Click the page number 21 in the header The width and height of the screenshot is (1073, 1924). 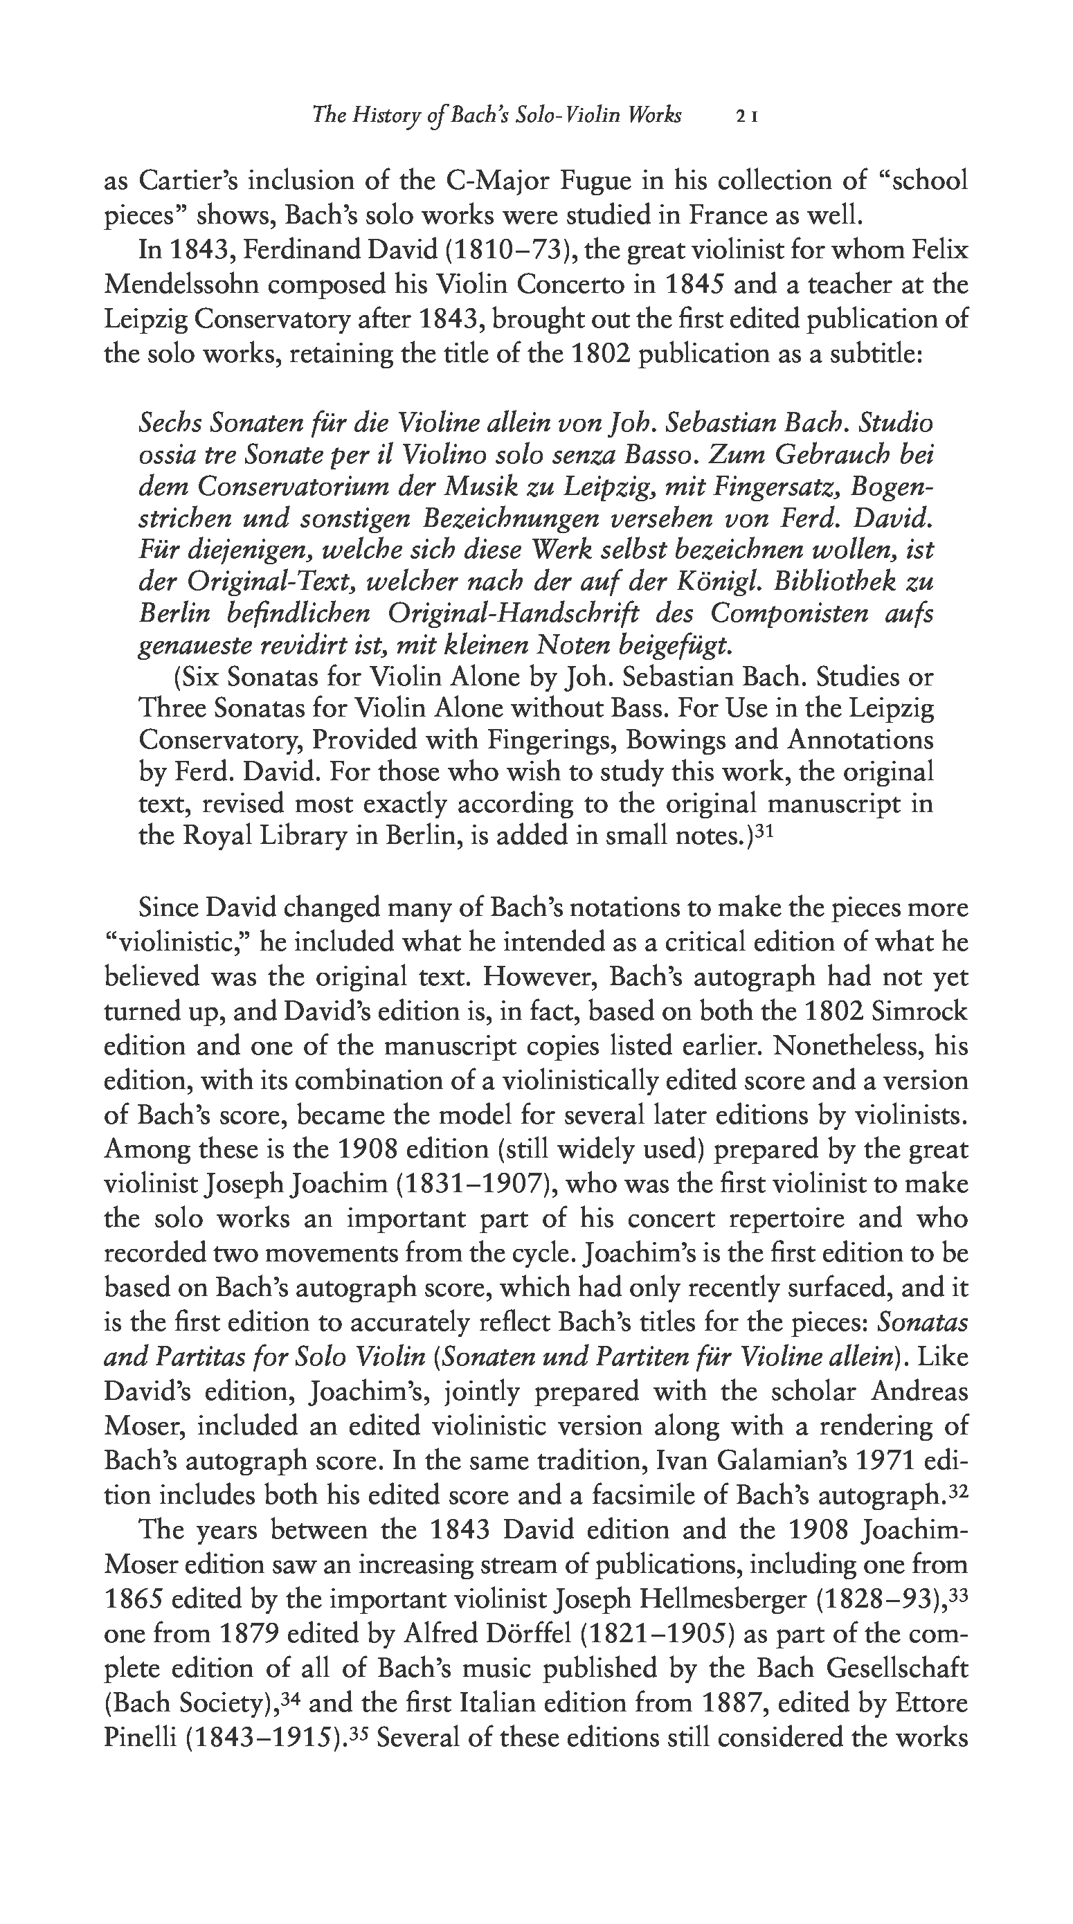[748, 116]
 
